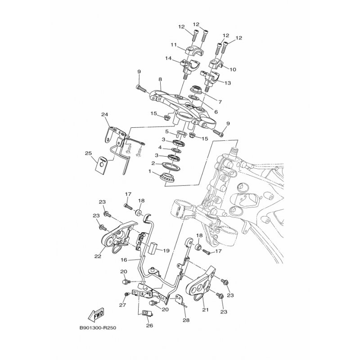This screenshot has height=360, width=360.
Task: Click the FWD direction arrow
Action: click(x=96, y=313)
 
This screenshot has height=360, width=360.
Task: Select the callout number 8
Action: click(x=147, y=80)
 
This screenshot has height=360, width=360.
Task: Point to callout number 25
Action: click(x=88, y=153)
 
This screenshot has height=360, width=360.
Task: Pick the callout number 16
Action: click(x=124, y=260)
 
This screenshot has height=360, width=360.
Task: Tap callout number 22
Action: click(x=98, y=256)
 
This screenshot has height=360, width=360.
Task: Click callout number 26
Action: click(x=149, y=326)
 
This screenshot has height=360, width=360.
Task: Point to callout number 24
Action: click(x=104, y=115)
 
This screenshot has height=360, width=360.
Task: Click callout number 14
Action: click(x=168, y=59)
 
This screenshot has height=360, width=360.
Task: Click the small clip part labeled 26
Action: click(x=145, y=314)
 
